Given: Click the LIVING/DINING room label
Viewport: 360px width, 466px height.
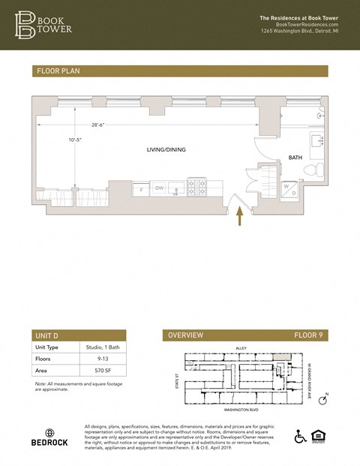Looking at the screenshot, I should point(166,150).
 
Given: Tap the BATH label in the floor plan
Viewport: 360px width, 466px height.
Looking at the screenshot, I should point(295,158).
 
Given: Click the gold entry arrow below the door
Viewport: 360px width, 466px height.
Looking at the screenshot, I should point(240,216).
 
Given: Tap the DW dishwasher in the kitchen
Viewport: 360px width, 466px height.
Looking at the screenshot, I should point(159,188).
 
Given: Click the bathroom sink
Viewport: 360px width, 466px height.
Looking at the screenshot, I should point(316,141).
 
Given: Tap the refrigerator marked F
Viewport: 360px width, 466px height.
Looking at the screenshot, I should point(142,190).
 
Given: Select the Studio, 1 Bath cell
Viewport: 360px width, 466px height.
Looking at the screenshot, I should point(101,347).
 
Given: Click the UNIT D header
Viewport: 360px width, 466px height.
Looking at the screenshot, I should point(49,335).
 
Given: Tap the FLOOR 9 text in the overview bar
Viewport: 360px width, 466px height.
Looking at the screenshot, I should point(307,335).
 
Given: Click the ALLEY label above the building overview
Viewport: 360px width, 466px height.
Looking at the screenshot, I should point(241,348).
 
